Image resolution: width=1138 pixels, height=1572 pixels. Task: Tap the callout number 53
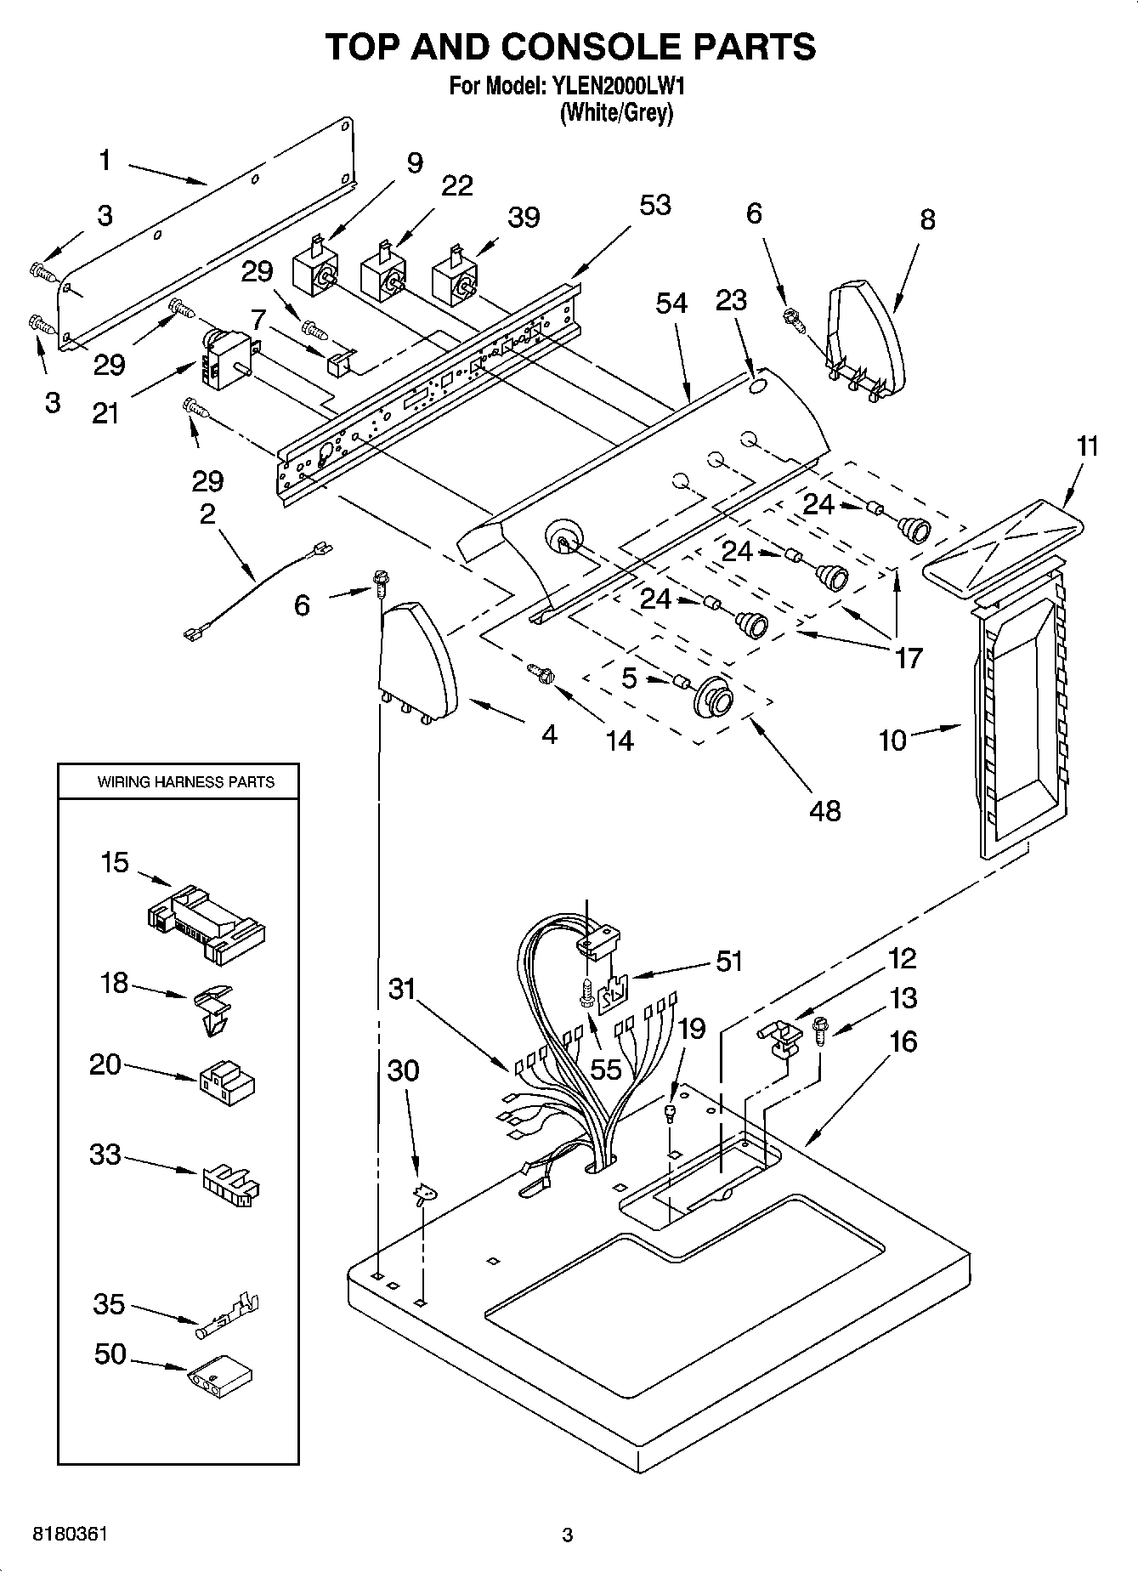click(654, 206)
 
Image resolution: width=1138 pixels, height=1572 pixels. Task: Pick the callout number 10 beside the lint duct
click(892, 741)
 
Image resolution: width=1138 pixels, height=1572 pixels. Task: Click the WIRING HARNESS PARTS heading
click(185, 781)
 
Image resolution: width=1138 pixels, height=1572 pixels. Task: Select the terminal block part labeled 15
click(207, 923)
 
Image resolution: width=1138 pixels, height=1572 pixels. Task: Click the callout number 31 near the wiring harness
click(402, 989)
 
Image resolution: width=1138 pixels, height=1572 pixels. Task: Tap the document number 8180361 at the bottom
click(70, 1535)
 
